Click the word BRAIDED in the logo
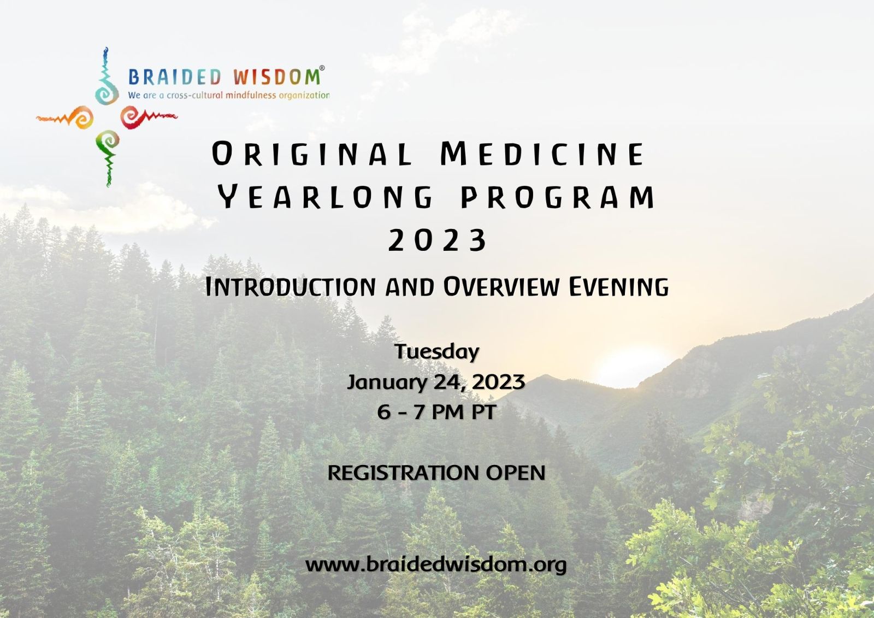175,77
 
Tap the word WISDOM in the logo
276,77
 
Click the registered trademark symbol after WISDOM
322,68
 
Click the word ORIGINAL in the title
312,154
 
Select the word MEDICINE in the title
542,154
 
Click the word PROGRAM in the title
558,197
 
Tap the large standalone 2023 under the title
437,240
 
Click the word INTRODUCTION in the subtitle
290,286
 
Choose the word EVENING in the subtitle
618,286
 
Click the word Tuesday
436,352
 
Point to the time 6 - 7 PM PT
436,412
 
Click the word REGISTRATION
403,473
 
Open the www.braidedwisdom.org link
436,565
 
